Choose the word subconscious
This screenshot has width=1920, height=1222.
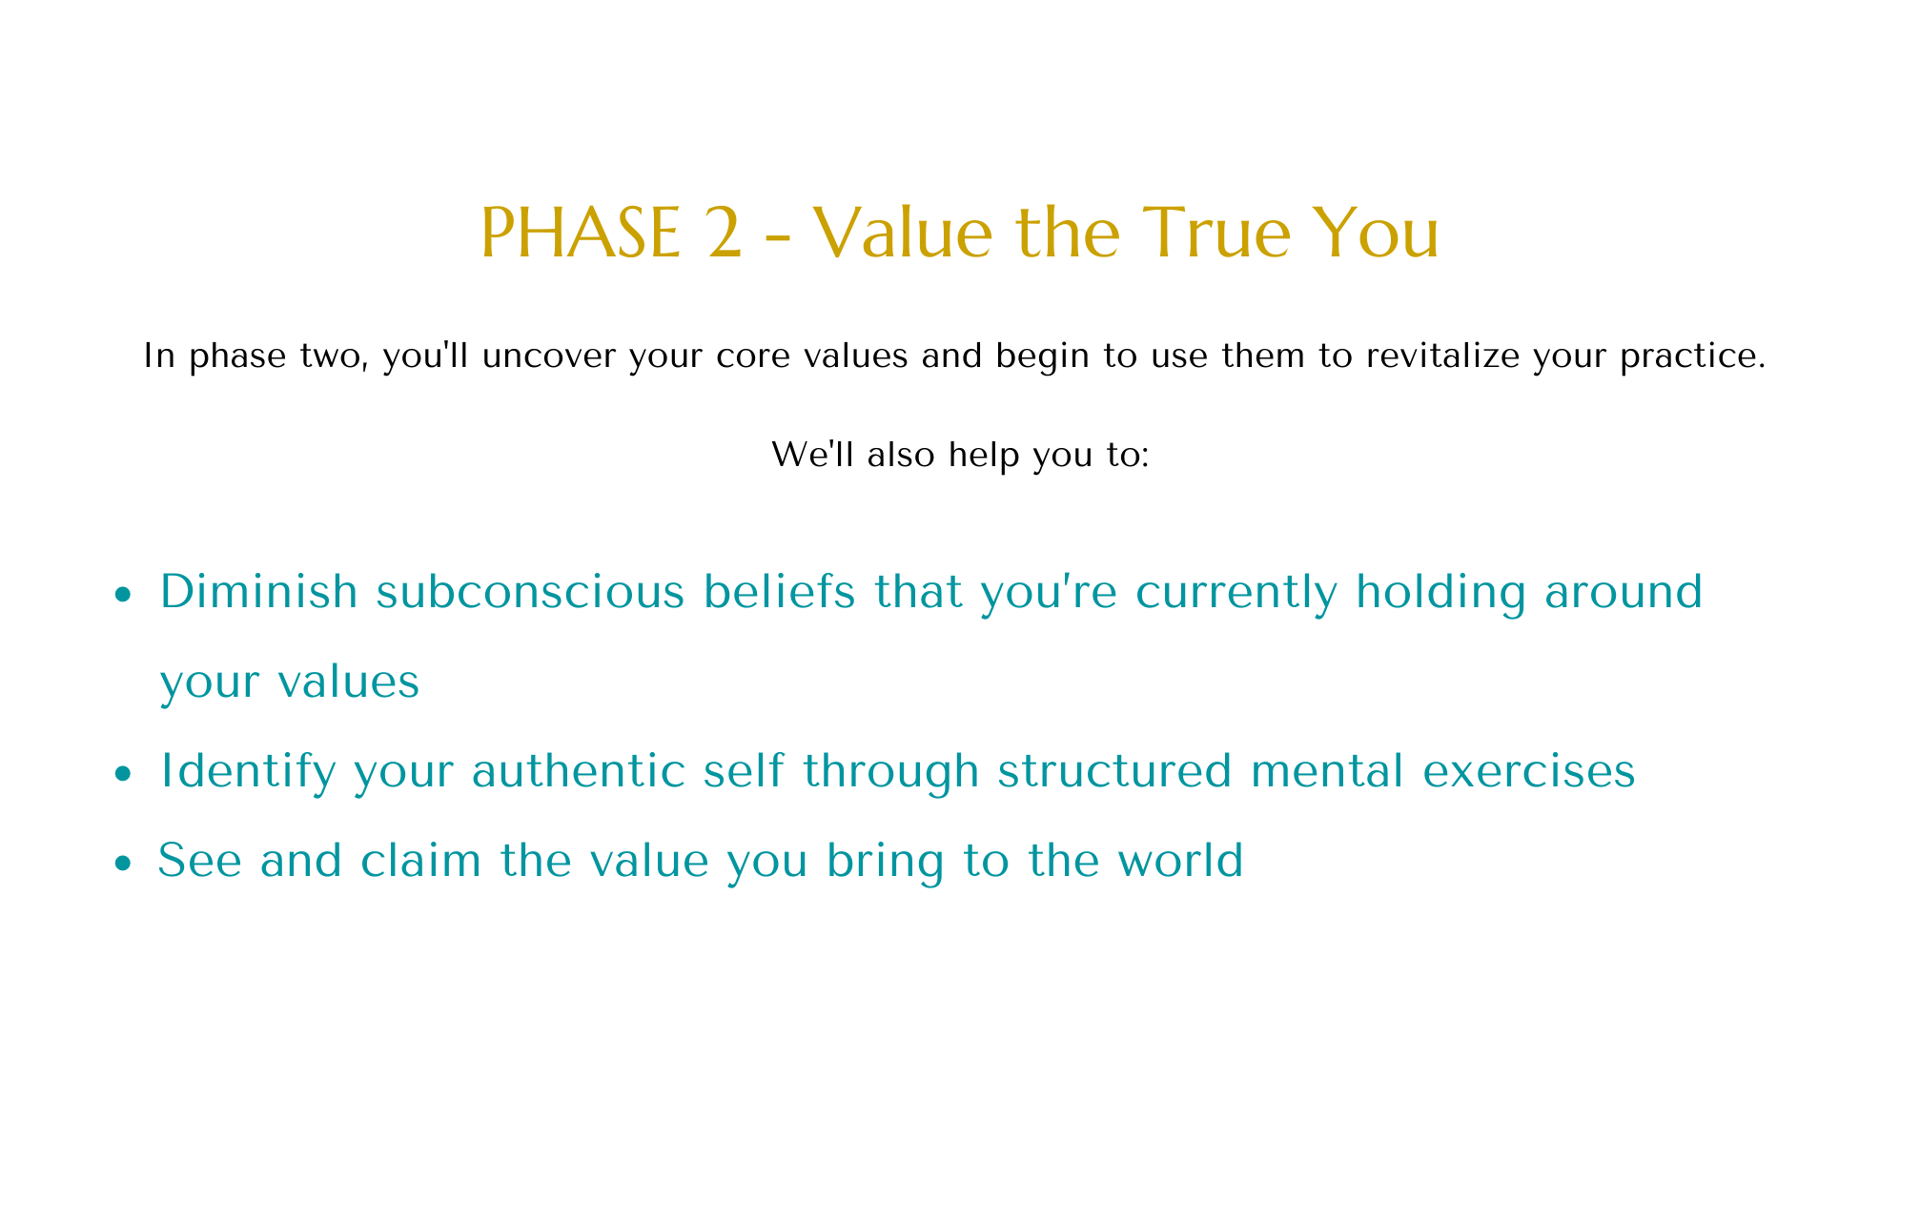530,592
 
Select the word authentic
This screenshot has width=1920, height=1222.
578,770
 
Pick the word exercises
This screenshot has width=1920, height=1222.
1528,771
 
